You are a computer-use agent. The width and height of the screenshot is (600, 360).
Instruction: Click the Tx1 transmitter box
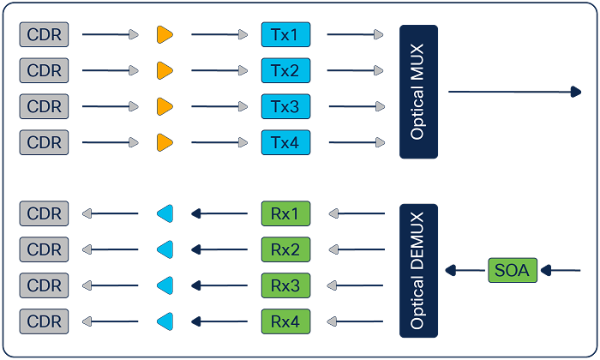point(285,34)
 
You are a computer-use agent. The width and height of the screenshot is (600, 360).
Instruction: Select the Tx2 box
point(285,70)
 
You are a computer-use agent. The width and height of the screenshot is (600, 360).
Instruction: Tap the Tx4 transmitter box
point(285,142)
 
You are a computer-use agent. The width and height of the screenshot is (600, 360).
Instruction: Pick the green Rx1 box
point(285,213)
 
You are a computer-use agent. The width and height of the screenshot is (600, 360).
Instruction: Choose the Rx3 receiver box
point(285,285)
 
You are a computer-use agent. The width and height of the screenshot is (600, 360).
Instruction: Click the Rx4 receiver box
point(285,321)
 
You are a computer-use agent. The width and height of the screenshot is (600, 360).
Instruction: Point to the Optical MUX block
point(418,92)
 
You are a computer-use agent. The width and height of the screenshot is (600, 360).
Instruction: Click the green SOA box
point(513,271)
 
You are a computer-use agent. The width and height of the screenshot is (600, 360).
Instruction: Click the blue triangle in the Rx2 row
point(165,249)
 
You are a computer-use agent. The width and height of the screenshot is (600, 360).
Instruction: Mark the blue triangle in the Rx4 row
point(165,321)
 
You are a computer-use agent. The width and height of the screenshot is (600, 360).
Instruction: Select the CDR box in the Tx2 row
point(45,70)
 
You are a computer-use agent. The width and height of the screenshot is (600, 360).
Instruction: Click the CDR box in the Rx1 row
point(45,213)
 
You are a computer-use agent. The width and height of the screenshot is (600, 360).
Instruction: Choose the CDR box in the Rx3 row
point(45,285)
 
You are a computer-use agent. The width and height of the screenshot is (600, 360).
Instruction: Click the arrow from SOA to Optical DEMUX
point(465,271)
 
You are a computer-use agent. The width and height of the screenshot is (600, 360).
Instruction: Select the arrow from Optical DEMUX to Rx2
point(355,249)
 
